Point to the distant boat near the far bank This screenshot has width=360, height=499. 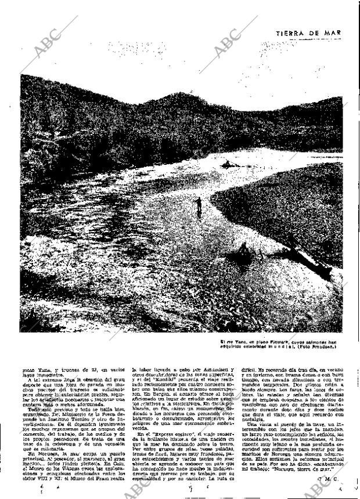coord(228,165)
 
